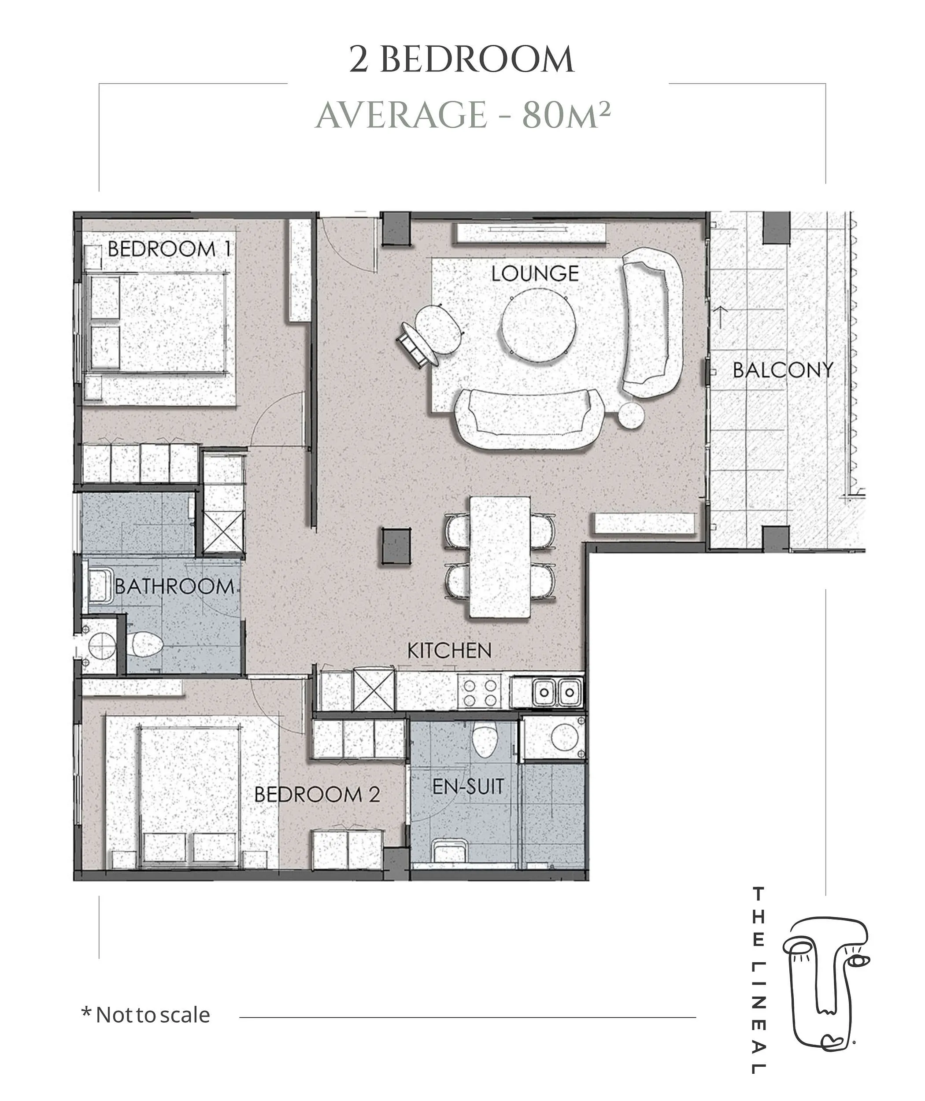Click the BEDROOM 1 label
click(169, 249)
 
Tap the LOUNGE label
click(535, 273)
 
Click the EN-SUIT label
click(468, 786)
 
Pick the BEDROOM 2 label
click(317, 794)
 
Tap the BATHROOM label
click(174, 586)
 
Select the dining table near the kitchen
click(500, 557)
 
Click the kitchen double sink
click(557, 692)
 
